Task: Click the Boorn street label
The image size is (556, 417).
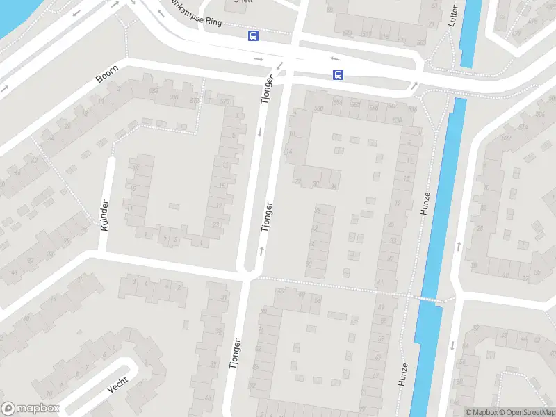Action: (x=108, y=74)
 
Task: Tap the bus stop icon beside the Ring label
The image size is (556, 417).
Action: (x=254, y=36)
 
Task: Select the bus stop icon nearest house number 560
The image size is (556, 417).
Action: (x=338, y=75)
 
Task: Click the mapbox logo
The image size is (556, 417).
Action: (x=31, y=409)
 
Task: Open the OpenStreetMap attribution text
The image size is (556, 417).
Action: (x=530, y=412)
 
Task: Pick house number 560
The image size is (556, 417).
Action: (x=319, y=108)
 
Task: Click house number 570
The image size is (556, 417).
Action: (x=224, y=101)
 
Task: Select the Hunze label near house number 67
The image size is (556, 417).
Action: (x=403, y=374)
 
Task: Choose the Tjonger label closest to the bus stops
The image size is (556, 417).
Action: (x=265, y=89)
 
